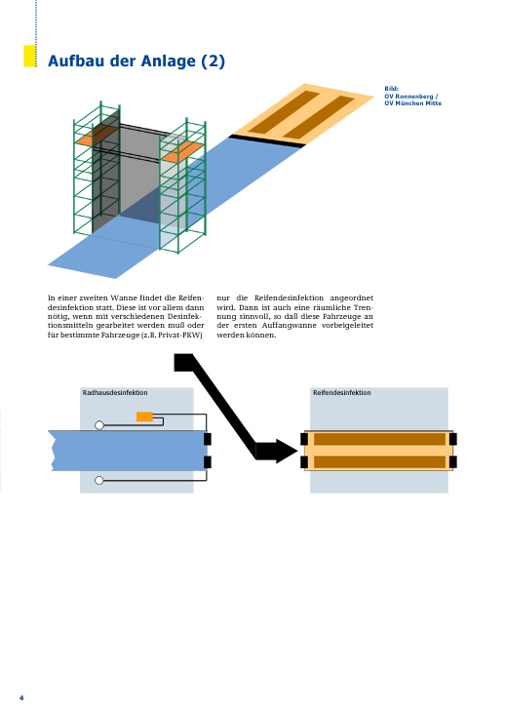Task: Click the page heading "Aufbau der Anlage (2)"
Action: pyautogui.click(x=136, y=61)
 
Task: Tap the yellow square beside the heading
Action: pyautogui.click(x=29, y=56)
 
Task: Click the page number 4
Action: pyautogui.click(x=21, y=697)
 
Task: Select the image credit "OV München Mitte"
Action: pyautogui.click(x=413, y=103)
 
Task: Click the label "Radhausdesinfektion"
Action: pyautogui.click(x=115, y=392)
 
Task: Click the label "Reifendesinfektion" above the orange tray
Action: pyautogui.click(x=342, y=392)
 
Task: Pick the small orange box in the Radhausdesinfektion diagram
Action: pyautogui.click(x=144, y=417)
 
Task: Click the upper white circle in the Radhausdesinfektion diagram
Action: pyautogui.click(x=99, y=425)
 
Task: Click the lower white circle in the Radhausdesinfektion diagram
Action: pyautogui.click(x=98, y=480)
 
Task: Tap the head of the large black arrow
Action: pyautogui.click(x=281, y=452)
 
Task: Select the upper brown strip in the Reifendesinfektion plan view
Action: pyautogui.click(x=379, y=439)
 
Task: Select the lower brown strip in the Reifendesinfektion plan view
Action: pyautogui.click(x=379, y=462)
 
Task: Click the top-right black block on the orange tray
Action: pyautogui.click(x=453, y=439)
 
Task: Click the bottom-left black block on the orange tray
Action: pyautogui.click(x=304, y=462)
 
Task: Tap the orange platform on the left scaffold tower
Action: pyautogui.click(x=97, y=136)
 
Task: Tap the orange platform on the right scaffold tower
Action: pyautogui.click(x=182, y=151)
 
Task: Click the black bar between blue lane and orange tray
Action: pyautogui.click(x=267, y=140)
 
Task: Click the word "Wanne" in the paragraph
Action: pyautogui.click(x=124, y=298)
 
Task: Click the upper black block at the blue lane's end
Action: pyautogui.click(x=208, y=439)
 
